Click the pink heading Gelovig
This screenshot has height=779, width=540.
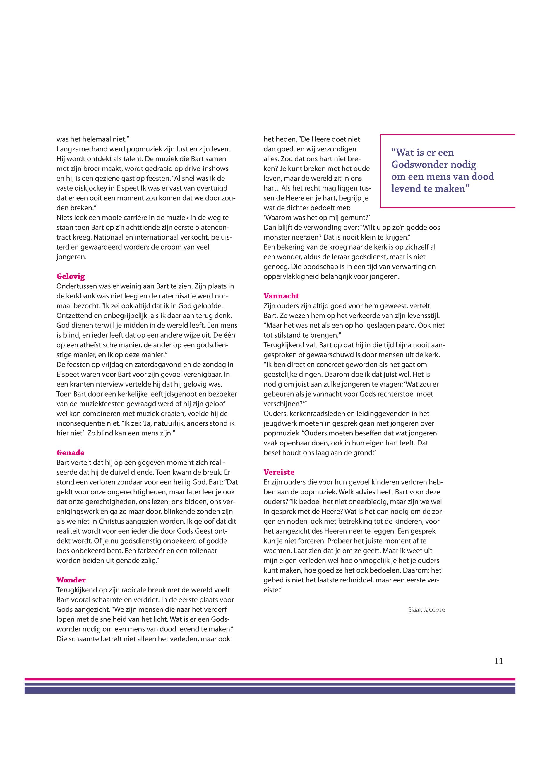tap(71, 276)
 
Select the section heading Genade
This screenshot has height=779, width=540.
tap(70, 453)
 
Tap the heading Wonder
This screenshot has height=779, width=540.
tap(71, 580)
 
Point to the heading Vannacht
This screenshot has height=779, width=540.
tap(282, 296)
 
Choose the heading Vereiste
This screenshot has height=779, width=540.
tap(279, 472)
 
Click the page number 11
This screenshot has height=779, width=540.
tap(498, 661)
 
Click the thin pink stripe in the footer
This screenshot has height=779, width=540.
tap(270, 679)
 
